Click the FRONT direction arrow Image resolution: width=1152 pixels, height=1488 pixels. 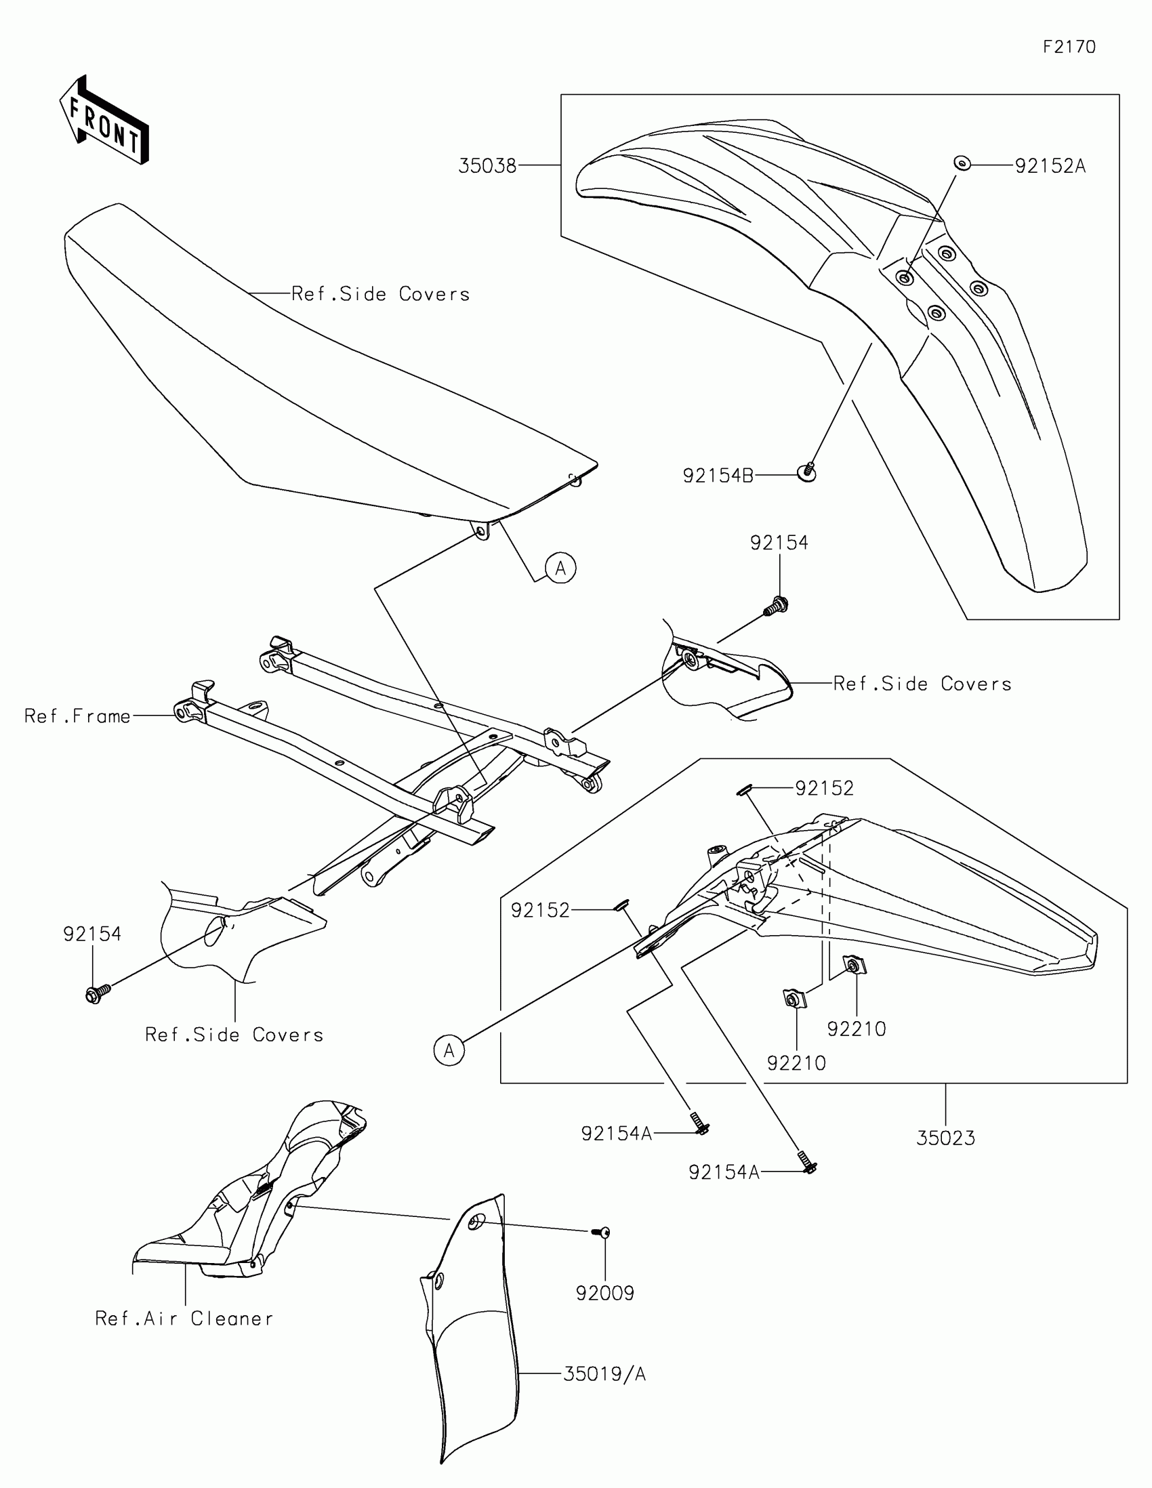[104, 121]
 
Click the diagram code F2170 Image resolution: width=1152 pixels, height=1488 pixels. [1069, 46]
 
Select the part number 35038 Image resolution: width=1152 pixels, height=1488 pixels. [487, 165]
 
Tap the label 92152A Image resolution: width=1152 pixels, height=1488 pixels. [1050, 165]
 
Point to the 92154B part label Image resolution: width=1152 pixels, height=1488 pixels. [718, 476]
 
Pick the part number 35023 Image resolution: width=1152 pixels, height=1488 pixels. [945, 1138]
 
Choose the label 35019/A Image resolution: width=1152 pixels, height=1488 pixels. [604, 1374]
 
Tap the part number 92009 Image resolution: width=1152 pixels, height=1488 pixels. [605, 1293]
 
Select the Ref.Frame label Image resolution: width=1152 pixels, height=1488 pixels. [77, 716]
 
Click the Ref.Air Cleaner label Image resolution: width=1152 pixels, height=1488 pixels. [184, 1319]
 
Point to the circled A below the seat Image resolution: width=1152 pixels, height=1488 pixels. [560, 568]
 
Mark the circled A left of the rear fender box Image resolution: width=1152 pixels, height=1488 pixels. [449, 1050]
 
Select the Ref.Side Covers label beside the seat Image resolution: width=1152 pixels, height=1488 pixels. [380, 293]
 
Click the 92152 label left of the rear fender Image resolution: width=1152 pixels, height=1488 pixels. [539, 910]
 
